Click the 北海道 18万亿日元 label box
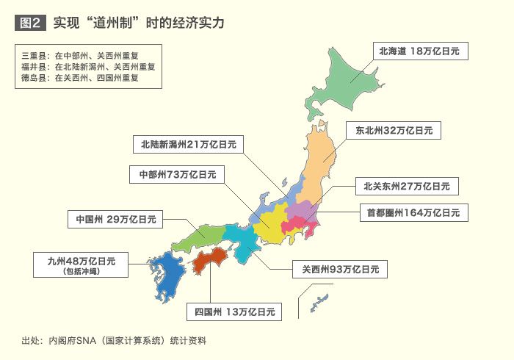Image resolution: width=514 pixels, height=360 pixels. click(x=420, y=51)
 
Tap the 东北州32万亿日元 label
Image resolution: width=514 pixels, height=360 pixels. click(x=394, y=131)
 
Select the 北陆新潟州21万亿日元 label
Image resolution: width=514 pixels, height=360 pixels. click(x=189, y=145)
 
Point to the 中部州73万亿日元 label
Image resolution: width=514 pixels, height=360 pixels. click(x=177, y=175)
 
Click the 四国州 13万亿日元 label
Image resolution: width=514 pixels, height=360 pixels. click(x=234, y=311)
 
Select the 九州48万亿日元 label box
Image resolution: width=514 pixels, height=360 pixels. click(x=82, y=264)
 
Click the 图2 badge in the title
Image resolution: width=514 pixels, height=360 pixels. click(x=30, y=23)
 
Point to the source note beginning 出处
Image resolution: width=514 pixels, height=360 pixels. click(x=114, y=340)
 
